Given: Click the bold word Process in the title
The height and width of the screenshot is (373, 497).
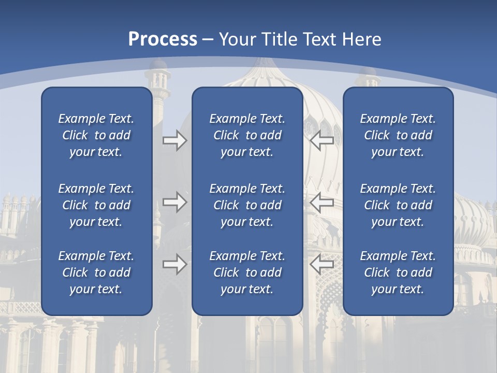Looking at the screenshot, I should point(163,39).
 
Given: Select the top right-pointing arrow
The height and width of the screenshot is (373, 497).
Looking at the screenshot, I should point(174,140).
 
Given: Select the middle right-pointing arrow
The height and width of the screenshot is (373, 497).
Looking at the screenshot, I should point(174,202).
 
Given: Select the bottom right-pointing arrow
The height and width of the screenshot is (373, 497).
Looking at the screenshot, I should point(174,264).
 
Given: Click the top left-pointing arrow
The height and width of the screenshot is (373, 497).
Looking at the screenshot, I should point(322,140).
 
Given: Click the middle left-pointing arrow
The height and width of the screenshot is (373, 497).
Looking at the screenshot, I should point(322,202).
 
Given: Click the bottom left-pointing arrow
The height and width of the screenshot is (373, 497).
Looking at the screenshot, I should point(322,264).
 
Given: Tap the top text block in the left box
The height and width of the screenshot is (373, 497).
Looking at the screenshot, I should point(96,135).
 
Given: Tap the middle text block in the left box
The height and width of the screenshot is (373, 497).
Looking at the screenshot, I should point(96,205).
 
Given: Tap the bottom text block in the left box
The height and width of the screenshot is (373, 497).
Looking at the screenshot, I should point(96,272).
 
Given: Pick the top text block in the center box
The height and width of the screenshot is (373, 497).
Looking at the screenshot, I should point(247,135).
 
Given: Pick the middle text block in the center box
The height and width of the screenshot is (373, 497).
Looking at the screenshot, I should point(247,205).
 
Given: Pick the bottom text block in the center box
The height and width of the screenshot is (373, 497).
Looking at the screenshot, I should point(247,272).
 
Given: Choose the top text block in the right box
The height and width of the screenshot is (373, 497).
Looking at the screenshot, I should point(398,135).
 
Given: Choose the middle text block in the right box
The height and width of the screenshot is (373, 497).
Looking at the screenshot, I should point(398,205).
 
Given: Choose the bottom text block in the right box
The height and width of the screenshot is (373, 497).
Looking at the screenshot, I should point(398,272).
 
